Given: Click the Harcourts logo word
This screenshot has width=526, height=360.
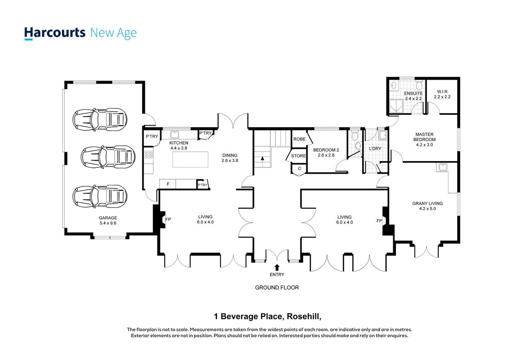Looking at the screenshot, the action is [55, 33].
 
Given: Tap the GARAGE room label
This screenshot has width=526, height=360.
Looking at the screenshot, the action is [108, 218].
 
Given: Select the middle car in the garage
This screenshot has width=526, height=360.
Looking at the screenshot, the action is [108, 156].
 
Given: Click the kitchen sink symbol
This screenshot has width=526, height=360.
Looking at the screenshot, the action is [175, 135].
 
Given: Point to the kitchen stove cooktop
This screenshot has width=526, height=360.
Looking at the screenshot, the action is [148, 155].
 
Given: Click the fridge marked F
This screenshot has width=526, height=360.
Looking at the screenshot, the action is [168, 184].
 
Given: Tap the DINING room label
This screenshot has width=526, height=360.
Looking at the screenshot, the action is [230, 155].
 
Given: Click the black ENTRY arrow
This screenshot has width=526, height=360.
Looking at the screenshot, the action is [277, 267].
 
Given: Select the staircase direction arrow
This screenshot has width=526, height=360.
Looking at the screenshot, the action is [263, 158].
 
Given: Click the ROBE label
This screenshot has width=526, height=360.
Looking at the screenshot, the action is [299, 139].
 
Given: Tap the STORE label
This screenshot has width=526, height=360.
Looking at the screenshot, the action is [298, 156].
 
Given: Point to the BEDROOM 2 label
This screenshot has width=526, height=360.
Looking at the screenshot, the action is [326, 150].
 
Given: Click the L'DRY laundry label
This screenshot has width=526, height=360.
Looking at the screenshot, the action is [375, 148].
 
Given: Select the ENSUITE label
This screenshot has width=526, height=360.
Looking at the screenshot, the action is [413, 93].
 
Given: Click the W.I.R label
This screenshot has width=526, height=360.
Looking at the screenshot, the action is [442, 91].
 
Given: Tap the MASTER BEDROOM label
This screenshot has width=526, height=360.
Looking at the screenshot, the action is [424, 137].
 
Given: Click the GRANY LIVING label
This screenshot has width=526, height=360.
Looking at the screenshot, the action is [427, 203].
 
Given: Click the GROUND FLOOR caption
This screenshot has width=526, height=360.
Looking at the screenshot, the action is [277, 288].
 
